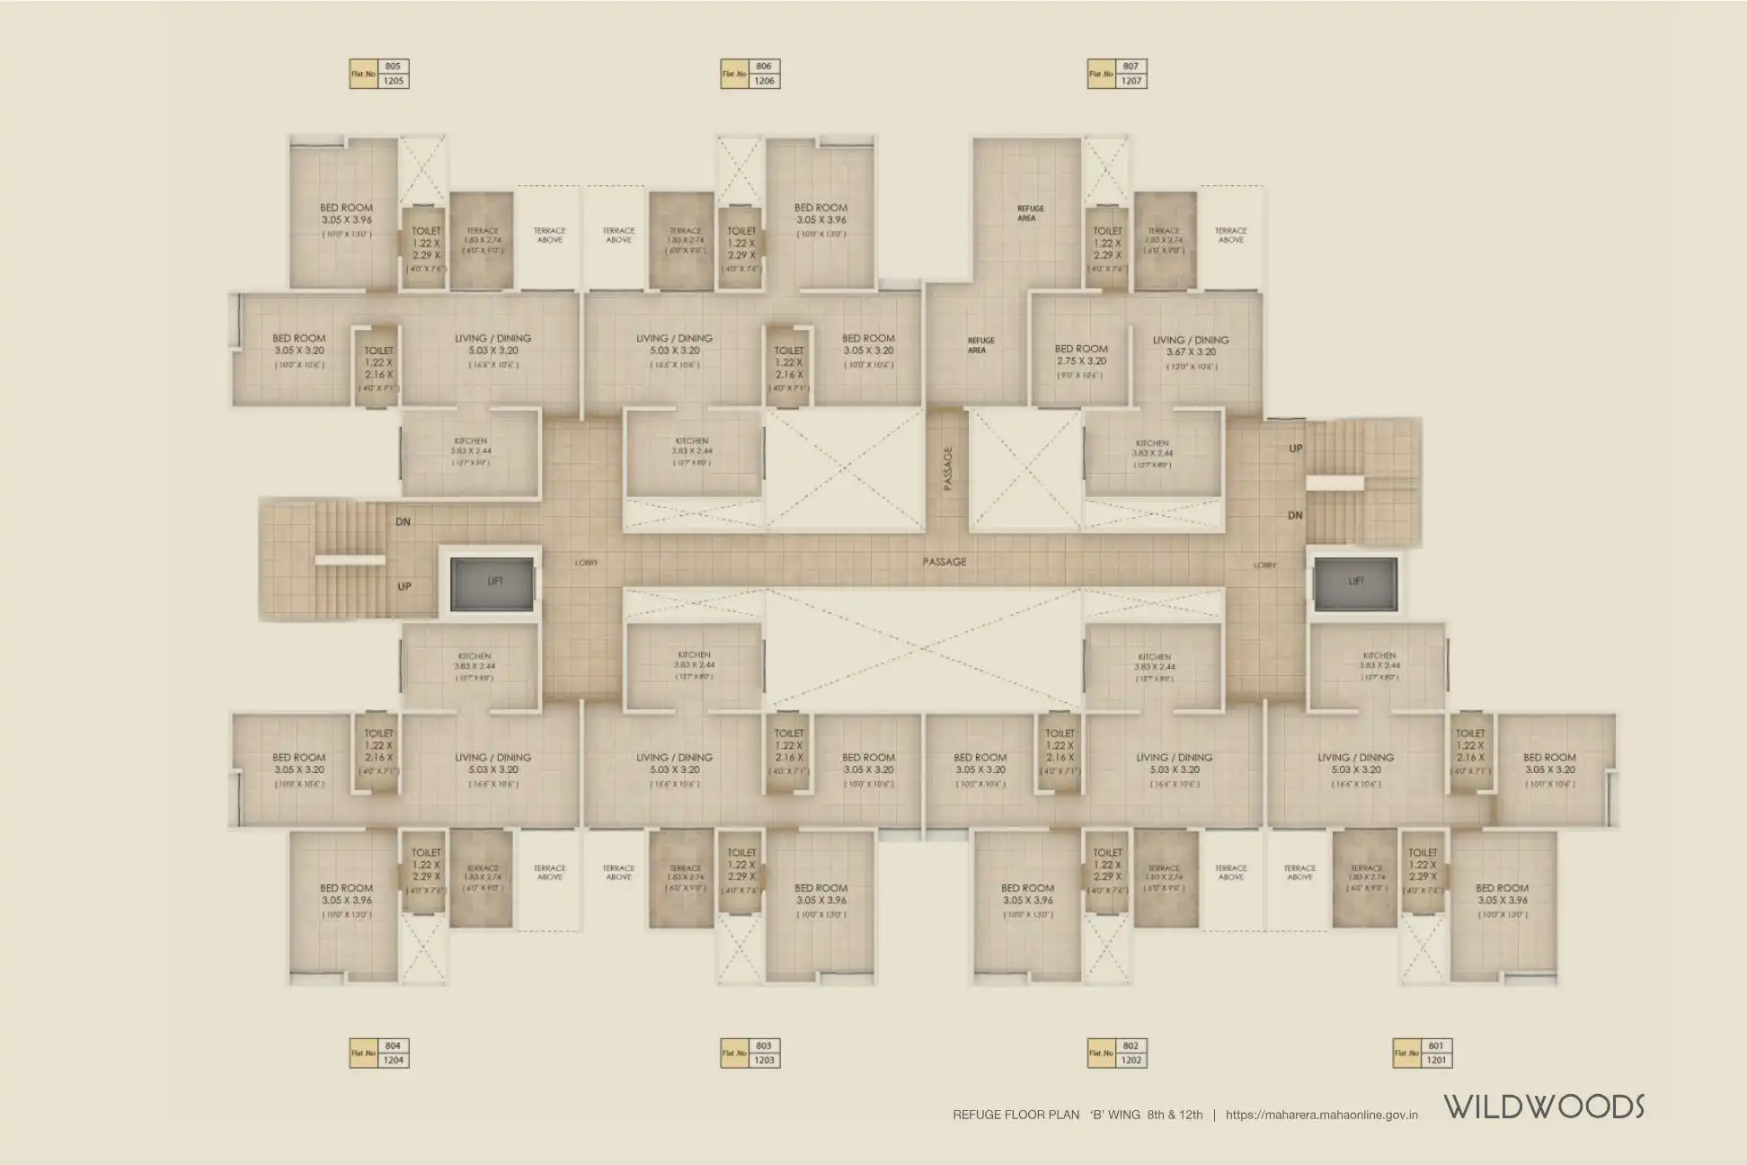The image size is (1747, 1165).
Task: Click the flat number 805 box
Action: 393,67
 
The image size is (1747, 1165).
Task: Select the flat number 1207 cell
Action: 1131,81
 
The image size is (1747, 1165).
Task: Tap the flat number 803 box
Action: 764,1045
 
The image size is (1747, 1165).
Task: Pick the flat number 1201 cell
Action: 1436,1061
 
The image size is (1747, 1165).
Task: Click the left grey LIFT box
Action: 493,582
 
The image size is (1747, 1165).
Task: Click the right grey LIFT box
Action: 1355,582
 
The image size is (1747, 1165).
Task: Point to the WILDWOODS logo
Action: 1544,1107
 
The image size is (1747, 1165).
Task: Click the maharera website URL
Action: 1321,1115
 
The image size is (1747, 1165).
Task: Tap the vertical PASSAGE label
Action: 947,468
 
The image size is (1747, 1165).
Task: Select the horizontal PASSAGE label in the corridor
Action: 944,562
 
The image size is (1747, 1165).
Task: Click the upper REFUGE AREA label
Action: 1026,213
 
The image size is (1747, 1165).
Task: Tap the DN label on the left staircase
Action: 403,521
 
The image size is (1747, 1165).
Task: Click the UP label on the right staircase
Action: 1295,448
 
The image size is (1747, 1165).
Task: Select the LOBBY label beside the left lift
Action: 586,563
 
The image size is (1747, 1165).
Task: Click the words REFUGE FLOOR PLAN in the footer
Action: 1015,1115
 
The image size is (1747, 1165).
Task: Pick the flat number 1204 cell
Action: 393,1061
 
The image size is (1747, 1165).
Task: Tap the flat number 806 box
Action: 764,67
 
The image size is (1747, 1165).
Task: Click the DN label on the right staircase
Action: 1295,515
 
